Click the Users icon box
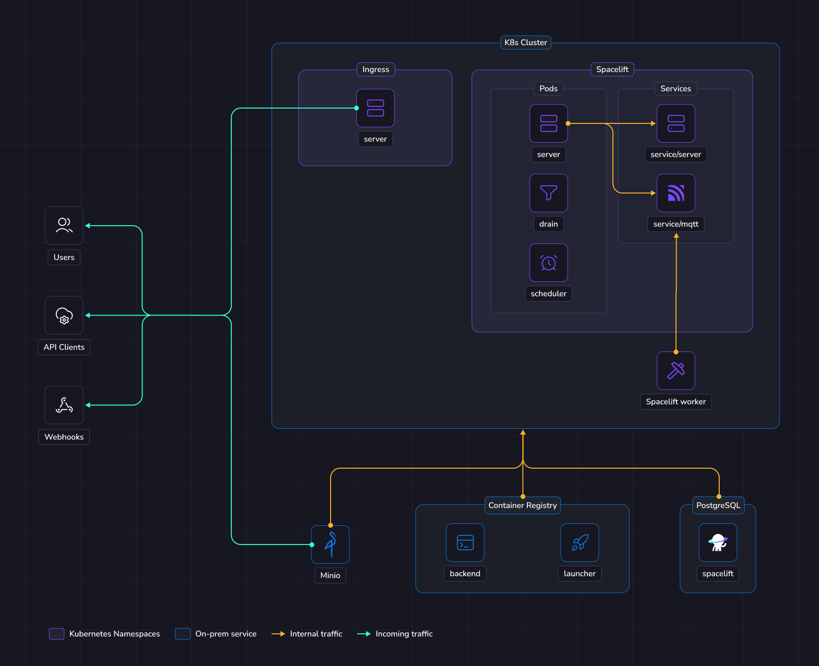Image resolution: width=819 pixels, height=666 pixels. tap(64, 225)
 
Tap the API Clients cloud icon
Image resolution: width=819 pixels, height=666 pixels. tap(64, 315)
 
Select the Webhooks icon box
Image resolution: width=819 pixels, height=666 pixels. tap(64, 405)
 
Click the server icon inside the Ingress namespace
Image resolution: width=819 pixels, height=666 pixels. tap(375, 108)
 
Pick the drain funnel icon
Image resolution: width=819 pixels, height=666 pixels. tap(548, 193)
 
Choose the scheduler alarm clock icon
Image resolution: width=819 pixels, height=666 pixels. tap(548, 263)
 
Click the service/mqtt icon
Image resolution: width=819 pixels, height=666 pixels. tap(676, 193)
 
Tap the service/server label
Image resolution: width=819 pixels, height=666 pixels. tap(676, 155)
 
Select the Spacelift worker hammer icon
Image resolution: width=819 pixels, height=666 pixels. tap(676, 371)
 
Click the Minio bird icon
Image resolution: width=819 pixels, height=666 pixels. tap(330, 545)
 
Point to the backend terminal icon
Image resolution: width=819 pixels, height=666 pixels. tap(465, 543)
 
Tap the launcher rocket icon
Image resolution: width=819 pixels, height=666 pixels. tap(580, 543)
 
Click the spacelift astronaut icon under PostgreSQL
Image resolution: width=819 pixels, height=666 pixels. tap(718, 543)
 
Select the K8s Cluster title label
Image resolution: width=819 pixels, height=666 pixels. tap(525, 43)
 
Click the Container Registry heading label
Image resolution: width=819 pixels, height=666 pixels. tap(522, 506)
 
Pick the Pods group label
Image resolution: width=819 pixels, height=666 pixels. tap(548, 89)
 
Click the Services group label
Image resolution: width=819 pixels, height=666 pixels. tap(676, 89)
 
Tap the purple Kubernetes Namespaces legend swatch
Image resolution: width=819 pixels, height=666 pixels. tap(57, 634)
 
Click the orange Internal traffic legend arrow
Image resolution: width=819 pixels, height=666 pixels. tap(278, 634)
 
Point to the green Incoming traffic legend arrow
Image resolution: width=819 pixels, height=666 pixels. tap(364, 634)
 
